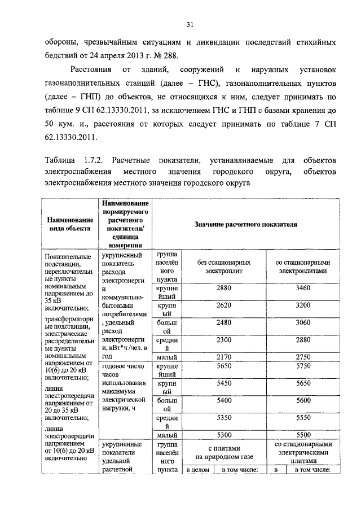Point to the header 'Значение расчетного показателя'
245,224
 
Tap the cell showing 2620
224,305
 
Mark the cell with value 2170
224,357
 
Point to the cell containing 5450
224,383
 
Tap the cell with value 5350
224,418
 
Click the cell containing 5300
224,435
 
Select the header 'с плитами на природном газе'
224,452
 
